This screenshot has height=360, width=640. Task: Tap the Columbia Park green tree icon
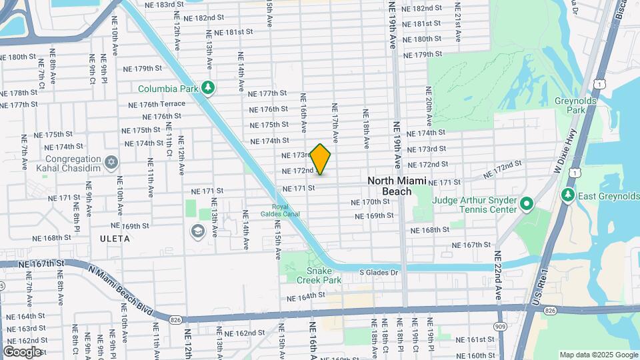(209, 88)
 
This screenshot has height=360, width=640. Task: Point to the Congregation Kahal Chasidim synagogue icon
(111, 161)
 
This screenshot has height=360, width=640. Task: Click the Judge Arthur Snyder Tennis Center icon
(527, 203)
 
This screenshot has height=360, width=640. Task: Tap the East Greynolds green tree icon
(567, 195)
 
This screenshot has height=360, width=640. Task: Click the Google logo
(22, 351)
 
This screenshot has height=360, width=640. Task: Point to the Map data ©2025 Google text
(598, 355)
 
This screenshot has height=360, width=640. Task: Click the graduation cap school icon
(197, 231)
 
